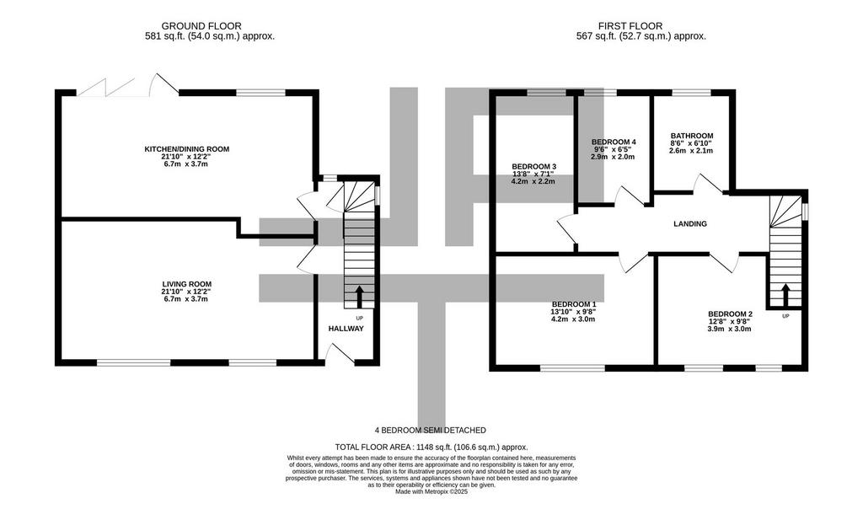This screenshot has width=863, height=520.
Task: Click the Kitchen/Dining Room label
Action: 186,149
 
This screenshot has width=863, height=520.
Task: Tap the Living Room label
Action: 185,285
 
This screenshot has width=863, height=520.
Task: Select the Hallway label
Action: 346,329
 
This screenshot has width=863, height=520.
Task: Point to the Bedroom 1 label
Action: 574,304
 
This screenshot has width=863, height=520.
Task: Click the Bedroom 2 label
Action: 731,314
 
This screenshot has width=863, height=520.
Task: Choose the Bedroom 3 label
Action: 533,167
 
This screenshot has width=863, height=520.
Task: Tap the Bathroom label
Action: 692,136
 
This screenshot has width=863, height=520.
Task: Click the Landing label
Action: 690,224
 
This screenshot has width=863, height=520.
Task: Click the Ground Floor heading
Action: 201,26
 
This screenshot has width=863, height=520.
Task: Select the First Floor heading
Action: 630,26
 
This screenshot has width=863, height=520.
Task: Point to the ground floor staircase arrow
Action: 360,297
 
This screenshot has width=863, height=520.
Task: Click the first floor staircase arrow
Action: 785,296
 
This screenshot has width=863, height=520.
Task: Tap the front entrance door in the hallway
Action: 340,353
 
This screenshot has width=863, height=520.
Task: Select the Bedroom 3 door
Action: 567,229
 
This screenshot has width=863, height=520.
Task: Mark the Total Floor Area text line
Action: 431,448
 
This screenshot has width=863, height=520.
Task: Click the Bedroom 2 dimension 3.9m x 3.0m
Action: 729,329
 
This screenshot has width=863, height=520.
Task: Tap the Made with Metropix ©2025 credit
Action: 431,492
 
